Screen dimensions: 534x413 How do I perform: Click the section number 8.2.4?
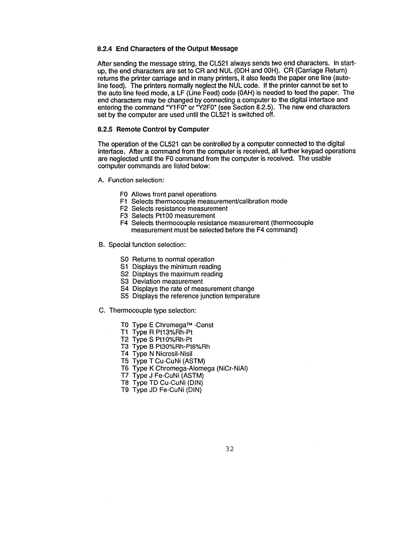[105, 49]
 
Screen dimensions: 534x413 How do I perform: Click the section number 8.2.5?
[105, 129]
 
